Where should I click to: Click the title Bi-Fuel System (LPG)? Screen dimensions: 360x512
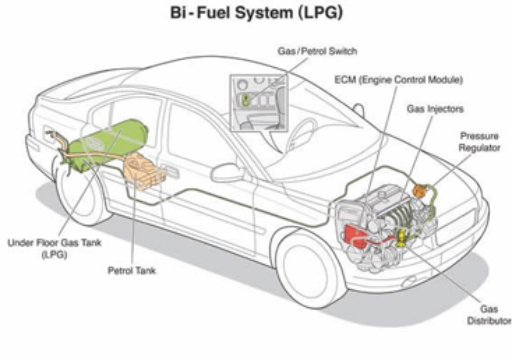[257, 13]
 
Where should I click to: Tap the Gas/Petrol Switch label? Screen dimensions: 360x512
[317, 52]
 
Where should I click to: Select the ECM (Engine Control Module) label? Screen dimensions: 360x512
[399, 80]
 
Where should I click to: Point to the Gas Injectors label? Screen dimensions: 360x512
[435, 109]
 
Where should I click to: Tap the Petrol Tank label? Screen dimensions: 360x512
[131, 271]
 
